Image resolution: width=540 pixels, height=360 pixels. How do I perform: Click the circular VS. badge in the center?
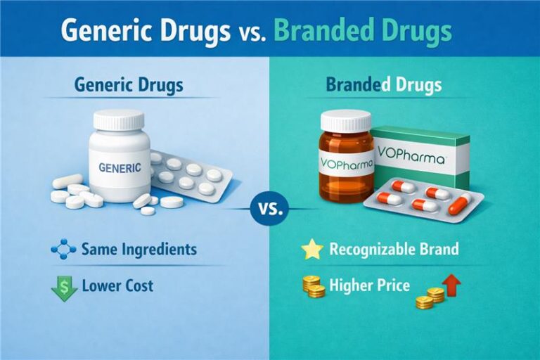269,209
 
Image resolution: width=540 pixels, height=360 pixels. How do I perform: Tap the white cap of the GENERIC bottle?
119,120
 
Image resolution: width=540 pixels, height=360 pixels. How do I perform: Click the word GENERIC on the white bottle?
120,168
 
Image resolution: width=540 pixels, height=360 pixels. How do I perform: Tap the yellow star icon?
311,249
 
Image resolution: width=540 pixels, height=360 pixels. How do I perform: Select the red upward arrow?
451,283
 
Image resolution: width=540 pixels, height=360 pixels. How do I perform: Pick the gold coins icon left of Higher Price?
313,286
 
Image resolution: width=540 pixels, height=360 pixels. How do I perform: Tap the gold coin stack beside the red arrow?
429,297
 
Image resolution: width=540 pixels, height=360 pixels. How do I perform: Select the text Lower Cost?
117,286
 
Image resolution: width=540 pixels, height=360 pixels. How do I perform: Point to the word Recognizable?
365,249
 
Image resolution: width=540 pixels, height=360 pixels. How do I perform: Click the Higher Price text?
369,286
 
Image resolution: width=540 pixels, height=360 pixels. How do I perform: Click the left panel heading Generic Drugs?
128,86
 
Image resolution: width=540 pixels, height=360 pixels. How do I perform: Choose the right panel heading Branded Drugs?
383,86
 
